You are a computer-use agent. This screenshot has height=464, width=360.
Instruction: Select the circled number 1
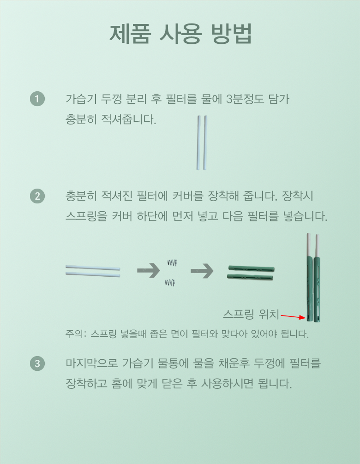pyautogui.click(x=37, y=99)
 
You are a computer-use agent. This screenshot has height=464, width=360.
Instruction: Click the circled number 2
pyautogui.click(x=37, y=196)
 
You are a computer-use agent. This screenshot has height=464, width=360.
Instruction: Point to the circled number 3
pyautogui.click(x=37, y=363)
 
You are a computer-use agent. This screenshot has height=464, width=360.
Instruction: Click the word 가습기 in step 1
pyautogui.click(x=81, y=99)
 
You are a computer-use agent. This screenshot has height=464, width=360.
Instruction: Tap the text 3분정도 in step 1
pyautogui.click(x=245, y=99)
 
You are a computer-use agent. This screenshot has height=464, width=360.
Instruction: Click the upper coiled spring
pyautogui.click(x=172, y=262)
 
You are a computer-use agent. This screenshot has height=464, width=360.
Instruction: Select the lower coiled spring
pyautogui.click(x=170, y=283)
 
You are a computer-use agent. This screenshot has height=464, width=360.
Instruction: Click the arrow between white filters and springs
pyautogui.click(x=148, y=270)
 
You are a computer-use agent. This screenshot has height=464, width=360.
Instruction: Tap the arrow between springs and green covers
pyautogui.click(x=202, y=270)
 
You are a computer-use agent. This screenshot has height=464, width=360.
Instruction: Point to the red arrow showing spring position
pyautogui.click(x=293, y=316)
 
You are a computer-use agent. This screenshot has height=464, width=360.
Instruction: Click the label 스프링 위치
pyautogui.click(x=251, y=314)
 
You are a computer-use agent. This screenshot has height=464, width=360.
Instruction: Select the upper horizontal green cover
pyautogui.click(x=252, y=269)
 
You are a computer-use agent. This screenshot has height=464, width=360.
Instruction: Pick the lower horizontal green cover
pyautogui.click(x=250, y=277)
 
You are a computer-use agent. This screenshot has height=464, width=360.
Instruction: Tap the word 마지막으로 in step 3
pyautogui.click(x=91, y=363)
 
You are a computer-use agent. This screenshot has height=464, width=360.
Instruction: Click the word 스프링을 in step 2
pyautogui.click(x=86, y=216)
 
